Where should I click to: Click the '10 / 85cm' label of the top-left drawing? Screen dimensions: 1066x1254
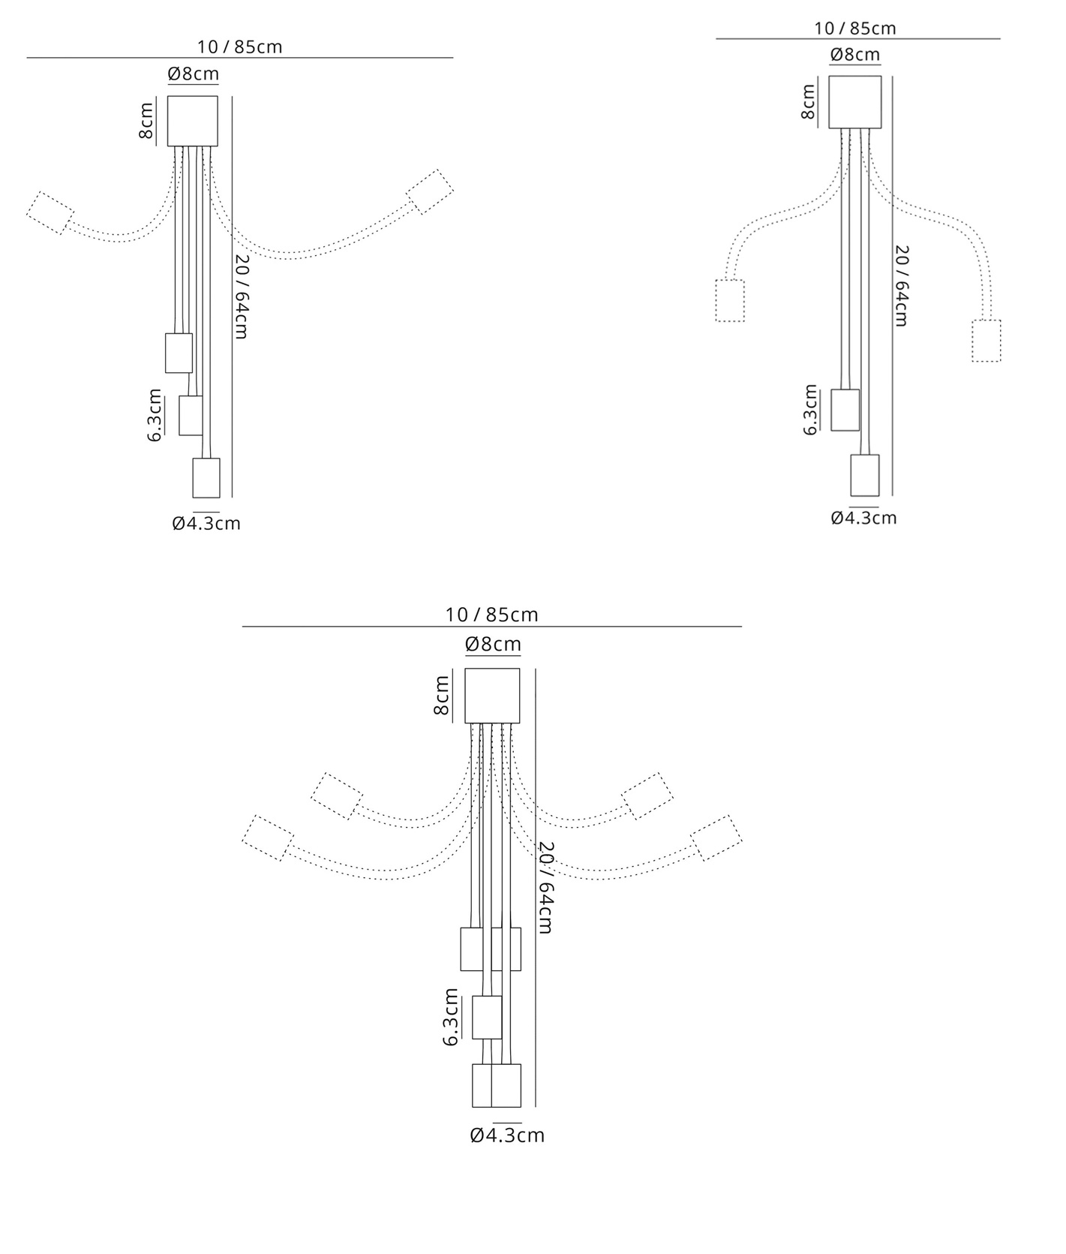240,47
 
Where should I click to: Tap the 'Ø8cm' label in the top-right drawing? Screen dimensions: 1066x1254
855,55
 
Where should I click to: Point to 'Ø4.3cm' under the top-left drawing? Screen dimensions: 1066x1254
206,523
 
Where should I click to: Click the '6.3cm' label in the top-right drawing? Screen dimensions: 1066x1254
810,410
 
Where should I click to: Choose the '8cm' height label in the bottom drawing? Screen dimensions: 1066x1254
442,695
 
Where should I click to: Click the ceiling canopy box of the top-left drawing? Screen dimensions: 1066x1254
192,121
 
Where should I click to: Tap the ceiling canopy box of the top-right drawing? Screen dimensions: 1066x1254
855,102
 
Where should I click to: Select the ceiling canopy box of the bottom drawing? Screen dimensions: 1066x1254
492,696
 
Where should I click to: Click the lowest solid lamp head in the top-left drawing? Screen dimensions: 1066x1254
206,478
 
